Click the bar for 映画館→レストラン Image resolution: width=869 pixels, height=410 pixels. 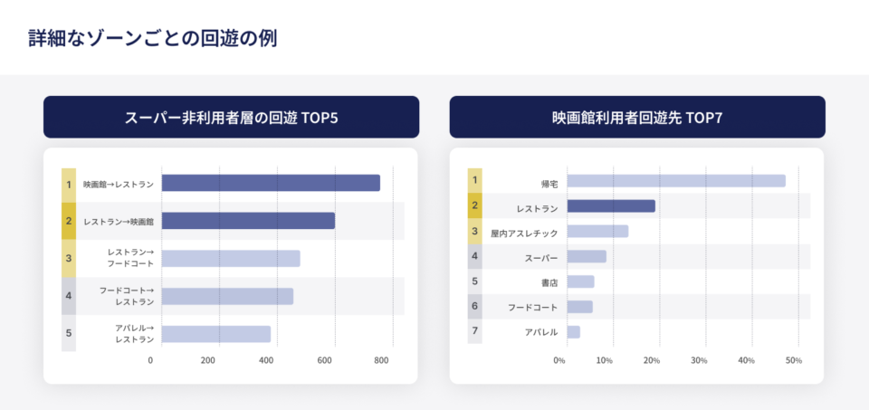click(271, 183)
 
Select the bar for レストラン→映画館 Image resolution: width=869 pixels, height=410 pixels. click(248, 221)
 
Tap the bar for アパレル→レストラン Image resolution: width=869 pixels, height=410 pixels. click(216, 334)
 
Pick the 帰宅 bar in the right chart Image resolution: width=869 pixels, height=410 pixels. click(676, 181)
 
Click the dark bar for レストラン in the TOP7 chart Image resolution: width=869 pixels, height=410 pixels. click(611, 206)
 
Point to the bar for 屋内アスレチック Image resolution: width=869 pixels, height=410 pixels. click(597, 232)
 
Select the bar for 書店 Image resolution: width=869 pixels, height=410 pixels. click(580, 281)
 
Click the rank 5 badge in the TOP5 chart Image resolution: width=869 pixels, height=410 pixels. click(69, 333)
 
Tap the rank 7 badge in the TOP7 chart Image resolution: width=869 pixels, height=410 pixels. click(475, 331)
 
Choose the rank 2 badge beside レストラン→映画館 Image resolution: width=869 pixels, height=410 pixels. click(69, 221)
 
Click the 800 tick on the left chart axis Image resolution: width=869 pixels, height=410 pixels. click(382, 360)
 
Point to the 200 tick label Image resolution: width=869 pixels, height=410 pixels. click(208, 360)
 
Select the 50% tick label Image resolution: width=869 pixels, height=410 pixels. click(793, 360)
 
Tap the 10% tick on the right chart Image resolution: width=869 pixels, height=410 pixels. click(605, 360)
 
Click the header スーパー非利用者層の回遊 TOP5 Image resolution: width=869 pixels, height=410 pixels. click(231, 118)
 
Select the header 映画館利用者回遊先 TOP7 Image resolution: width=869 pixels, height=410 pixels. click(637, 118)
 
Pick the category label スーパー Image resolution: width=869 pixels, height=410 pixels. click(541, 258)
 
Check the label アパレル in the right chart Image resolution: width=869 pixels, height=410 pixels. click(541, 332)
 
